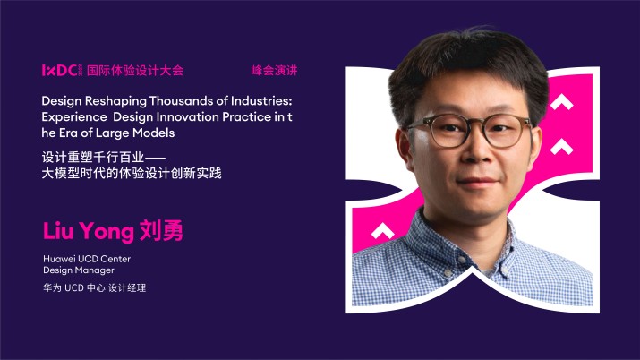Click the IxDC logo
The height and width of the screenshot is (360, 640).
point(61,70)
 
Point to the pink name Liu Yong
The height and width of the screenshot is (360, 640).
point(88,231)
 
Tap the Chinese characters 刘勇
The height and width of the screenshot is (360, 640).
point(161,231)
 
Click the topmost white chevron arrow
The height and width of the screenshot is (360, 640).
point(561,103)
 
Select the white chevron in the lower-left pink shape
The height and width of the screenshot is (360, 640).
point(383,229)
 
